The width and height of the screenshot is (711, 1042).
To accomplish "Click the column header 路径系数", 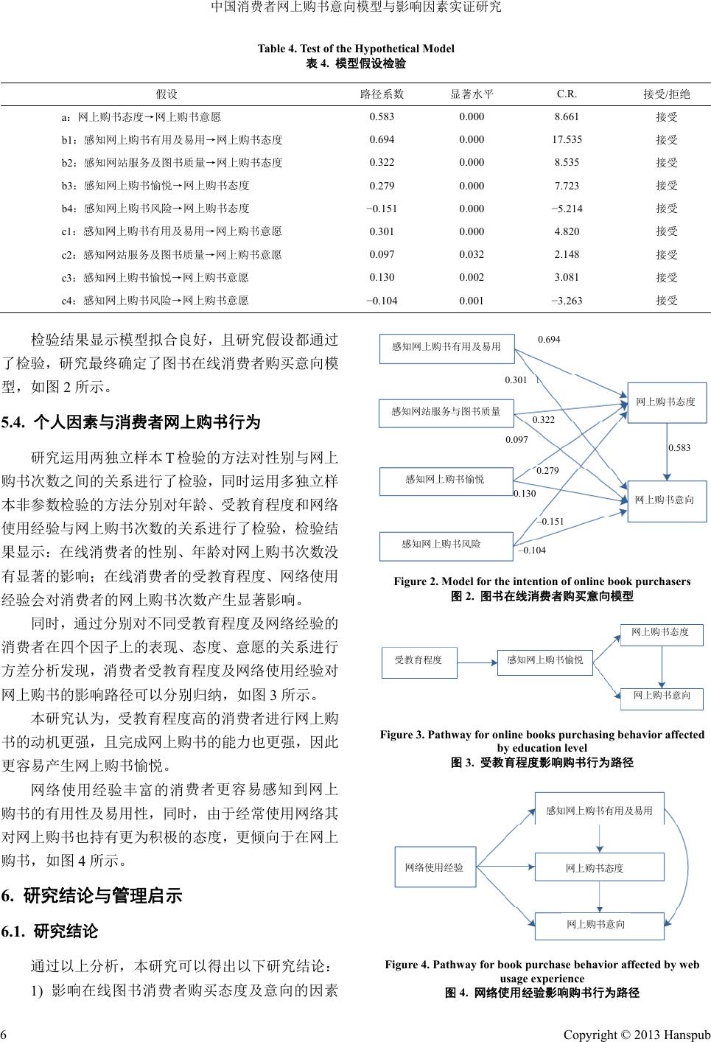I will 382,94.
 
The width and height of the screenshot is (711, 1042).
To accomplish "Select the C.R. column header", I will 567,94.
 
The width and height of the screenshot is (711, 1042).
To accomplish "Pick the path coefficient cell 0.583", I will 382,116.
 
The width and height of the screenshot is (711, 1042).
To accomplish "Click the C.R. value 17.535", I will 567,139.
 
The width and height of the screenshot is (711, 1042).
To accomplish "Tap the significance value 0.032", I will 472,254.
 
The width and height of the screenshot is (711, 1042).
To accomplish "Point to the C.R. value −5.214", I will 567,209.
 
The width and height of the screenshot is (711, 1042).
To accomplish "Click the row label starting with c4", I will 155,300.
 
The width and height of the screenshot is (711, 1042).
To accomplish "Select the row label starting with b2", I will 172,162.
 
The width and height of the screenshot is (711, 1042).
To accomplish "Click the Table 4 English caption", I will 356,49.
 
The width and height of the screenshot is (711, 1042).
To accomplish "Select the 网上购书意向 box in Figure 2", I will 665,500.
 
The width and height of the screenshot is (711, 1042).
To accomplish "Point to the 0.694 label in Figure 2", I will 549,340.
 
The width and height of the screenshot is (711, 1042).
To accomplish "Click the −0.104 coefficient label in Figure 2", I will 533,550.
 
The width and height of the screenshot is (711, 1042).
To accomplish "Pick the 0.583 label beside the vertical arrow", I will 679,447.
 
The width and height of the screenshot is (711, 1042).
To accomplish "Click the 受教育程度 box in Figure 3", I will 418,660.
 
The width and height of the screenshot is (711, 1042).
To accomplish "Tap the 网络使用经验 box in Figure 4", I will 435,867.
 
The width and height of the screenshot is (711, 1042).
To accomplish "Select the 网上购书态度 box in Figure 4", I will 599,867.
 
